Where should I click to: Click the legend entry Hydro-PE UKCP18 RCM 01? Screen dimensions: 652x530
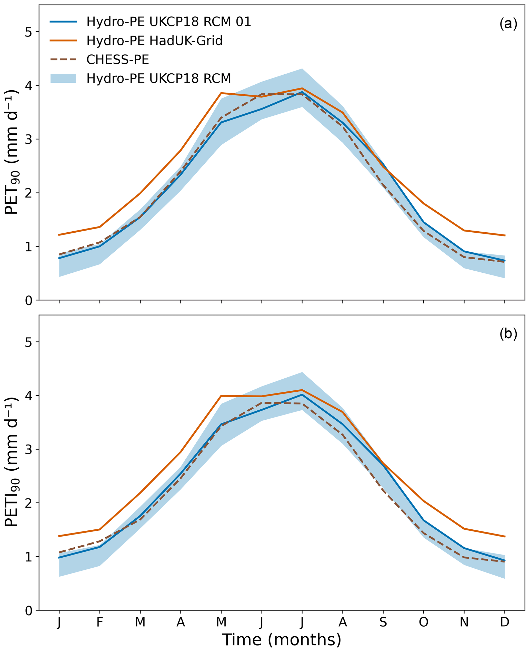(168, 22)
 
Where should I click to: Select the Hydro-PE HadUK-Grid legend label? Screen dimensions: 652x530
(154, 41)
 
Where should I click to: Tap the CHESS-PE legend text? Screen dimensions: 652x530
(117, 60)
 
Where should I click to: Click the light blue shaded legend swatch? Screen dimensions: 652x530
(63, 78)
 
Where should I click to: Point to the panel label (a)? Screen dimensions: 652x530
(508, 24)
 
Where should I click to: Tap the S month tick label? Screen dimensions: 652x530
(383, 622)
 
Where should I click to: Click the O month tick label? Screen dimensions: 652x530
(423, 622)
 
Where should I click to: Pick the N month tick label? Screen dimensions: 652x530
(464, 622)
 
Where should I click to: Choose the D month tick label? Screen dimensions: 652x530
(504, 622)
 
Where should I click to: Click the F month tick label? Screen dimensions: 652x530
(99, 622)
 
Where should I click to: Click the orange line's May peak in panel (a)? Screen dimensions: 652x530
(221, 93)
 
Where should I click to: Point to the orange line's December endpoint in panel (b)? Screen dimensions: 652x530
(504, 537)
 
